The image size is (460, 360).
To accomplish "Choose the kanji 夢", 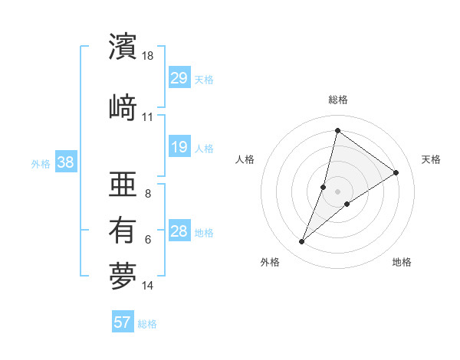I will click(x=123, y=276).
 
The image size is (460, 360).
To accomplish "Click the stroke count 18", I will click(x=148, y=56).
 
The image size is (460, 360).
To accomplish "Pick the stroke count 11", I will click(x=147, y=117).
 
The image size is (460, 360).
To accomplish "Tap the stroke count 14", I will click(x=148, y=286).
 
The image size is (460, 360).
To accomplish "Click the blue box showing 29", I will click(x=179, y=78).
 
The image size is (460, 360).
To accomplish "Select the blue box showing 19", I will click(x=179, y=147).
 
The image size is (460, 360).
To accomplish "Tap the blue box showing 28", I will click(x=179, y=231).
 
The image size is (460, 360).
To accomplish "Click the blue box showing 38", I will click(x=65, y=162).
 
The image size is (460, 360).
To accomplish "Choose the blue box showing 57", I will click(x=123, y=322).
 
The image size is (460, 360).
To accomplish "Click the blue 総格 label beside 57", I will click(x=147, y=324).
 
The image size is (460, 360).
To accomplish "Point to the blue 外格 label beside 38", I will click(x=40, y=163).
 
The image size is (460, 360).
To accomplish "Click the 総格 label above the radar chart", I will click(x=338, y=100).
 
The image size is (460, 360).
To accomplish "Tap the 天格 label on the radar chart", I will click(x=431, y=159).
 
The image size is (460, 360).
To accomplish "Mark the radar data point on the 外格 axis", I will click(x=302, y=242).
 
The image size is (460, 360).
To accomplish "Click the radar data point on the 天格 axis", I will click(x=396, y=173).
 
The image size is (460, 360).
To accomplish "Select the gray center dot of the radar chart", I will click(x=338, y=191).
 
